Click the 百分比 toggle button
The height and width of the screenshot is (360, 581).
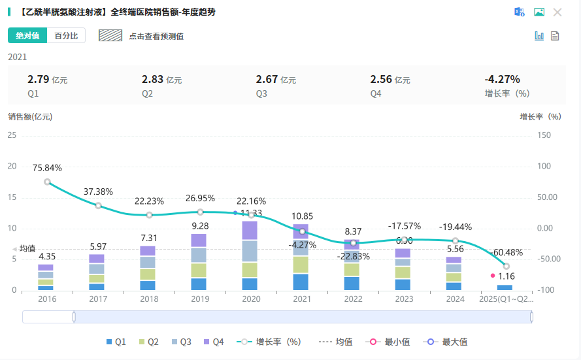(67, 36)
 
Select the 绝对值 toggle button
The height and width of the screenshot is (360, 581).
(27, 36)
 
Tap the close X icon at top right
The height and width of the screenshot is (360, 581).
(557, 12)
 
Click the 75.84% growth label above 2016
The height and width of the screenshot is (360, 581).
(47, 168)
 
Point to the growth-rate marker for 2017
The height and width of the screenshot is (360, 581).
(98, 205)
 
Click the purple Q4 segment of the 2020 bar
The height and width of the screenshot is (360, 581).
(250, 230)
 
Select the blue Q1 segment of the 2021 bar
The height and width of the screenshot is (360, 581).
(301, 282)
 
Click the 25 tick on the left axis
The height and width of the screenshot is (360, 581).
(11, 135)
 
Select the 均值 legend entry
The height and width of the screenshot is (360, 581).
(336, 342)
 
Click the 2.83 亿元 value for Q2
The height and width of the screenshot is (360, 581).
(161, 80)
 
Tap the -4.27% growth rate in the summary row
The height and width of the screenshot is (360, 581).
(502, 80)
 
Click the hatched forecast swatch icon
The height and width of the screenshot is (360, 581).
(110, 35)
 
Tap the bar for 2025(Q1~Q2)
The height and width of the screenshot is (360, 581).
(505, 287)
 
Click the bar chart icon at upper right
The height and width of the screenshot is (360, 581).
(539, 36)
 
